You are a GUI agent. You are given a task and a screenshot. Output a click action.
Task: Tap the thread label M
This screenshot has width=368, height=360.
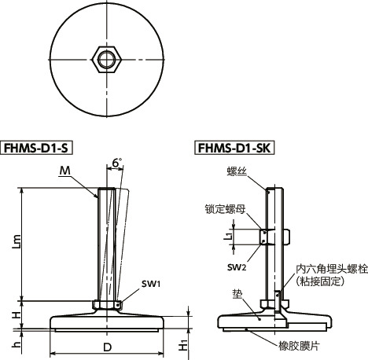tap(64, 171)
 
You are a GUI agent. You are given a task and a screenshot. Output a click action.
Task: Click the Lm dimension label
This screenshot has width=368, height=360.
tap(15, 244)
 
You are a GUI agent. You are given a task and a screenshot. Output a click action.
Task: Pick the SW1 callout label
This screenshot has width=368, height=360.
tap(152, 283)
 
